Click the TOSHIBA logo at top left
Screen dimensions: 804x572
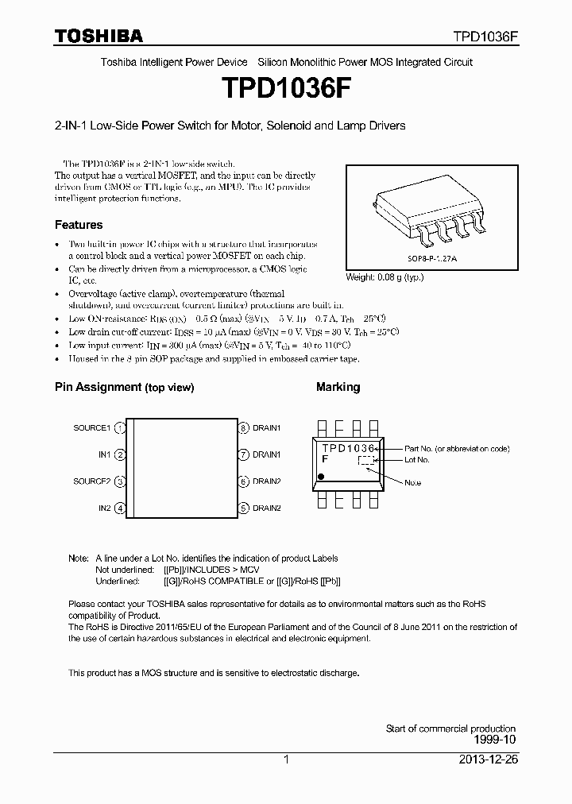point(99,36)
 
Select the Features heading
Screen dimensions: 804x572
point(78,225)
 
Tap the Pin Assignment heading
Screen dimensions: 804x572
point(124,388)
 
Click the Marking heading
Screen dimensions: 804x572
point(338,387)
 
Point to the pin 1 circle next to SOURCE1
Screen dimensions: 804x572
point(120,428)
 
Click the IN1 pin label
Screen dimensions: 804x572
point(104,455)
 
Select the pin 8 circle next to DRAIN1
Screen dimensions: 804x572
point(245,428)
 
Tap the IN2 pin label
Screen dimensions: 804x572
point(104,508)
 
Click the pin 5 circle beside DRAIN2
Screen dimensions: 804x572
point(245,508)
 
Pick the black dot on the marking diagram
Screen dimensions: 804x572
point(322,476)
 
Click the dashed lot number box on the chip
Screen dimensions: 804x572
point(365,460)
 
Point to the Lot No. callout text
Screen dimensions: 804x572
point(416,460)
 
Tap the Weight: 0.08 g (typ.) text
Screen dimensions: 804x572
point(385,278)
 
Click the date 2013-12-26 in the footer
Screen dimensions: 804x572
point(487,760)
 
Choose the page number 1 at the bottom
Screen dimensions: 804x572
point(286,760)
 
